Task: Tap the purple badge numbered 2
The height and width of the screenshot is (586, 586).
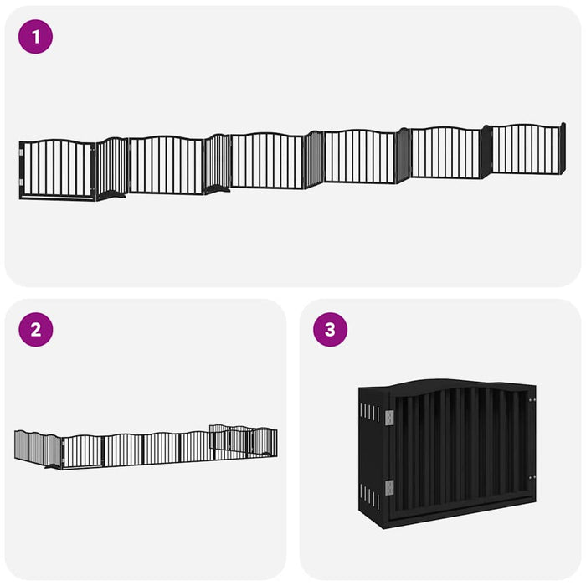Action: coord(35,329)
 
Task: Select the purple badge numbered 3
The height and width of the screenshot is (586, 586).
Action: coord(330,329)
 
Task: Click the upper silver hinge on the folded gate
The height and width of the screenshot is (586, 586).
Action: coord(389,416)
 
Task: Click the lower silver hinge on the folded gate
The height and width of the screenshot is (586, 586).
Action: coord(389,487)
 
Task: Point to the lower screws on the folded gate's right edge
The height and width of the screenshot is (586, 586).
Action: coord(530,478)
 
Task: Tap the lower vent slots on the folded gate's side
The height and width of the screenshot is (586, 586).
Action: coord(369,496)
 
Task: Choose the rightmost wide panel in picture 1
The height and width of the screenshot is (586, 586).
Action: coord(525,149)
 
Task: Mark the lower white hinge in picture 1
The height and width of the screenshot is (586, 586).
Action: coord(22,182)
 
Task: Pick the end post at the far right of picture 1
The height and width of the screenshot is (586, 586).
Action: coord(563,148)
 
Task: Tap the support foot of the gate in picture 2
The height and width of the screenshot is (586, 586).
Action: coord(54,466)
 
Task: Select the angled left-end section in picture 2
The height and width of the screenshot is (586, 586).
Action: coord(36,448)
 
